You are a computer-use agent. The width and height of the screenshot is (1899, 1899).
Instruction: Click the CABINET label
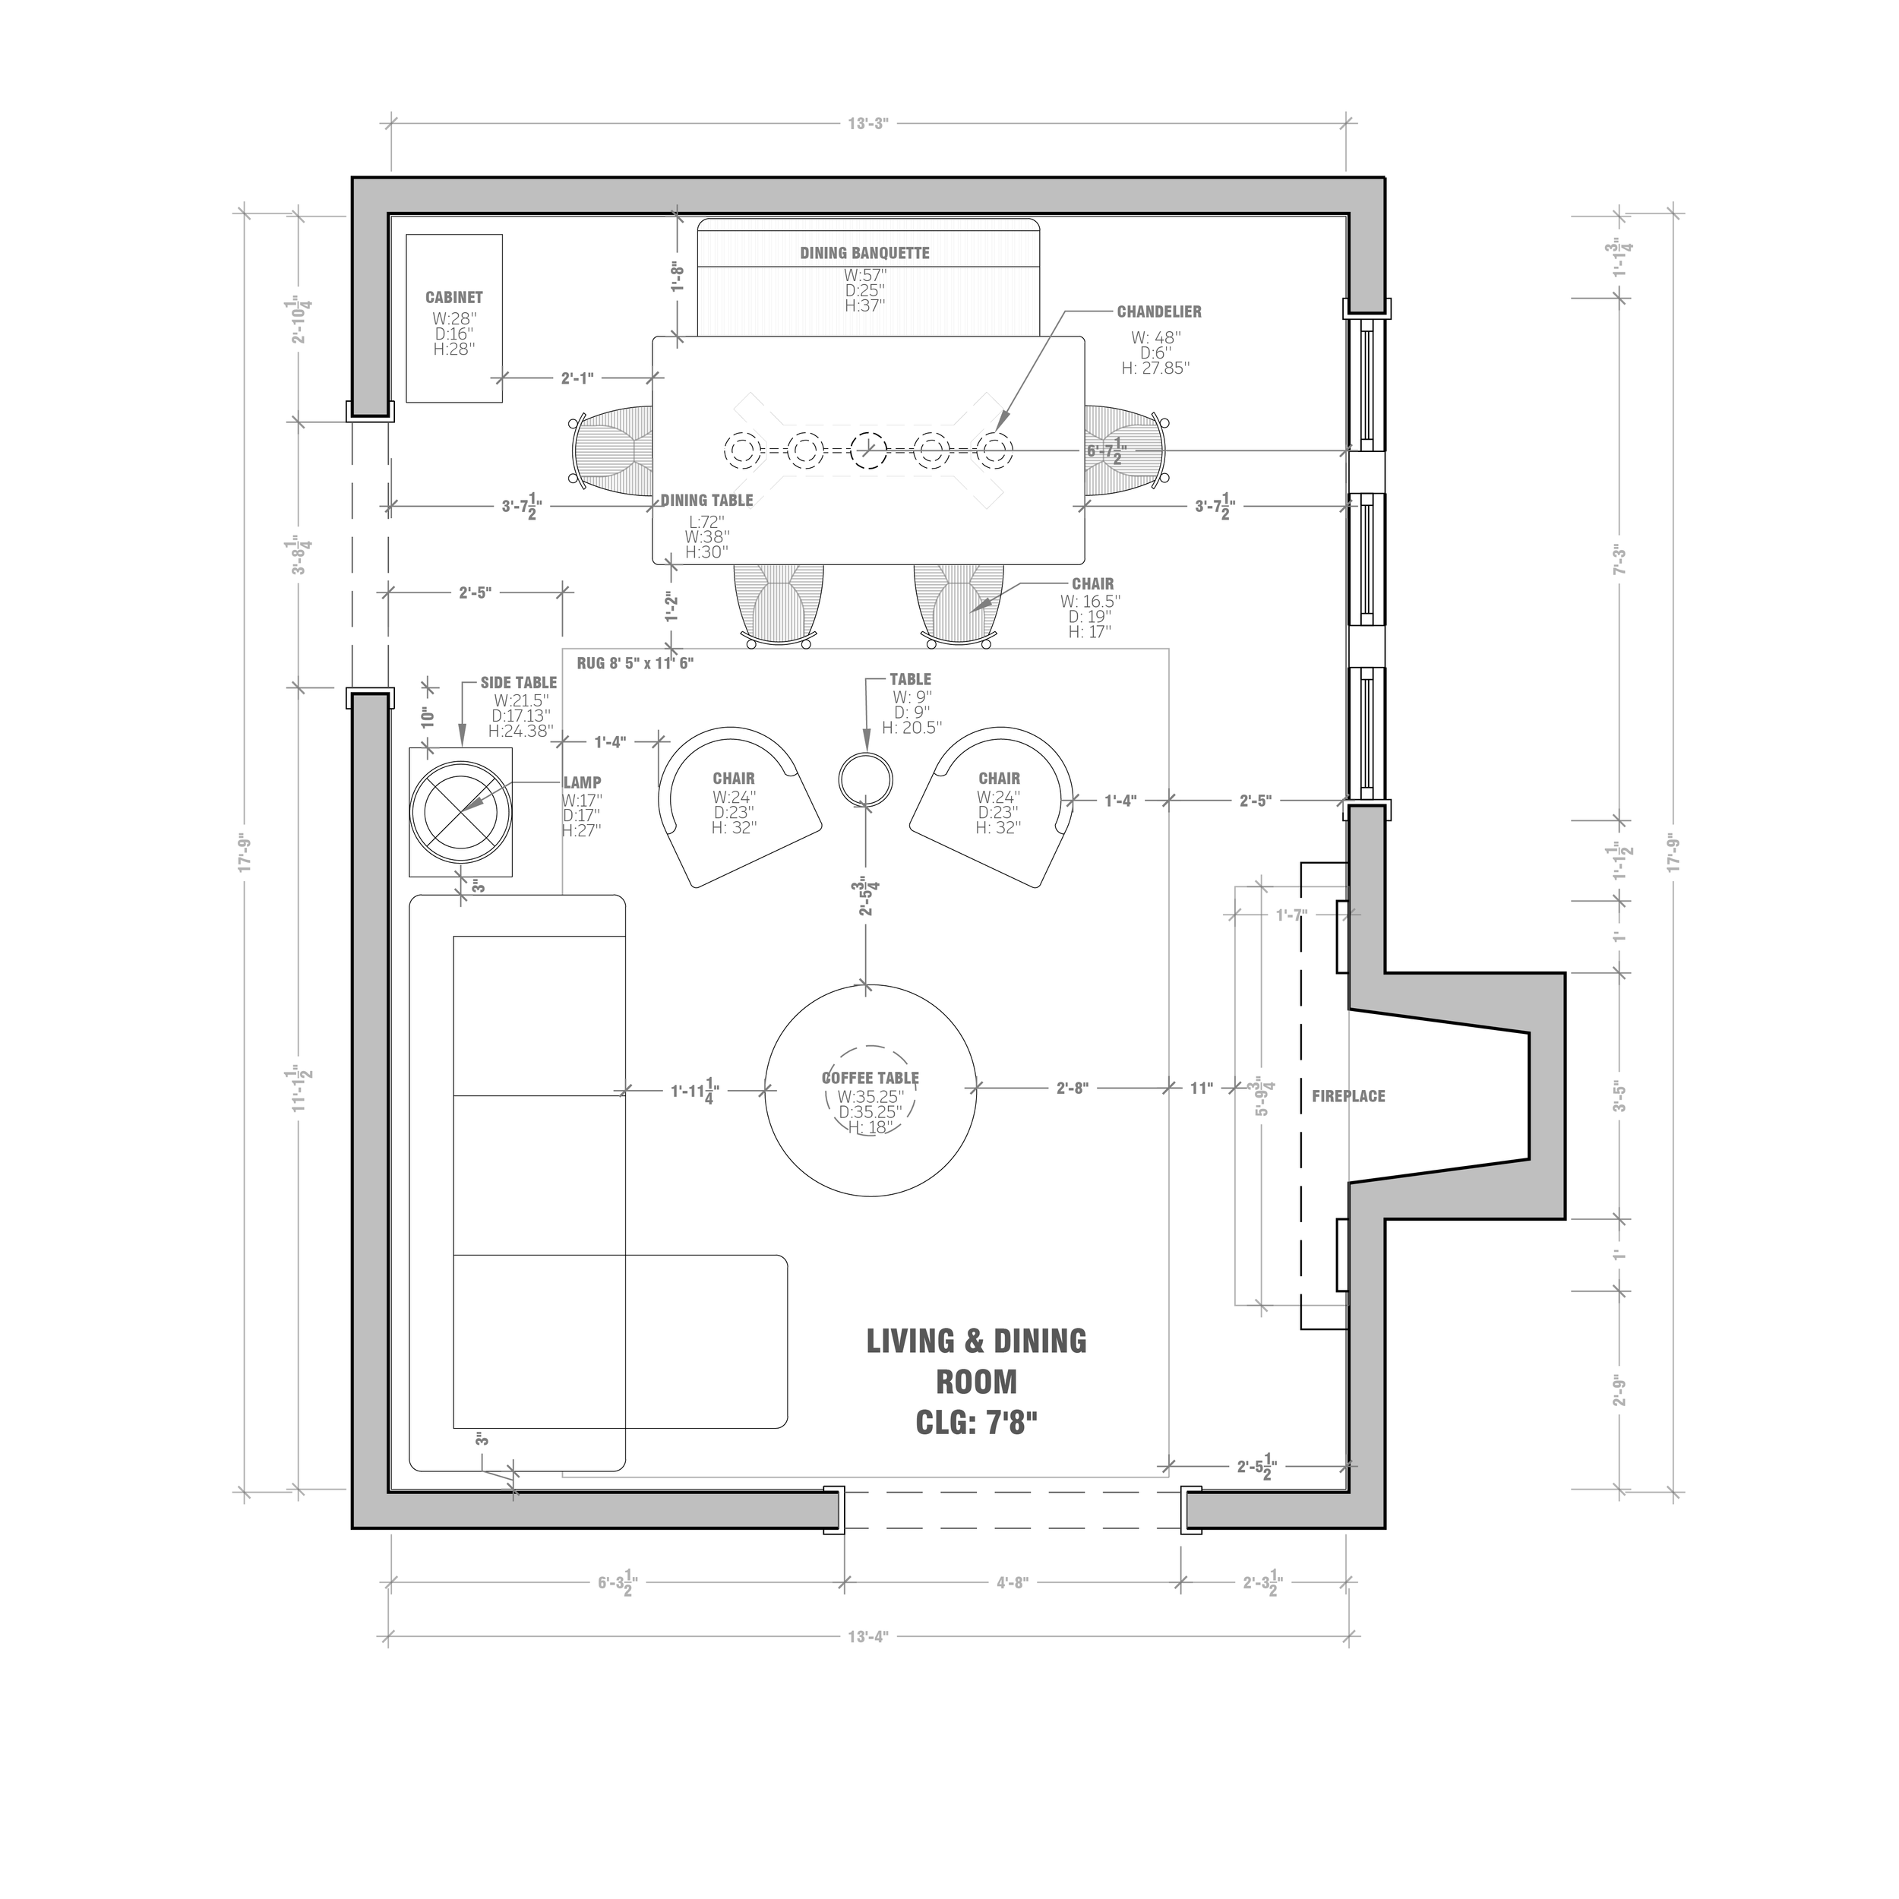click(454, 297)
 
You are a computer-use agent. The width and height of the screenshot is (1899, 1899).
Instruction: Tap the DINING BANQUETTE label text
click(865, 253)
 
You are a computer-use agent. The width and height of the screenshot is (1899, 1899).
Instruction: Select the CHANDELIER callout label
click(1159, 311)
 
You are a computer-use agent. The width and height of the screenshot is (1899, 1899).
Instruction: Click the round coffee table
click(871, 1089)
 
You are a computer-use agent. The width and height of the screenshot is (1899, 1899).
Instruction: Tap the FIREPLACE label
click(1348, 1096)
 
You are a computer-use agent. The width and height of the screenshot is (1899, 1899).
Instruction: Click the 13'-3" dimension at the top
click(868, 123)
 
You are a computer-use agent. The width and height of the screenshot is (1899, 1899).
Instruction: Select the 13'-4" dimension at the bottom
click(868, 1637)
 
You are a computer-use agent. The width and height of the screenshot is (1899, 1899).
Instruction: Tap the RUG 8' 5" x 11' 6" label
click(635, 663)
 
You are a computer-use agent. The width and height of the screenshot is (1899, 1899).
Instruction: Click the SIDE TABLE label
click(518, 682)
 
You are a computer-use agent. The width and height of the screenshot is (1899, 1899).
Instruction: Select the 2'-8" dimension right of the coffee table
click(1073, 1088)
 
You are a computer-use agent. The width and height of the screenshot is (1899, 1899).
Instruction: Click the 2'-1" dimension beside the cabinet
click(577, 378)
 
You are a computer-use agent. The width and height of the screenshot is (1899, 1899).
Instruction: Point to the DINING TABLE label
click(706, 501)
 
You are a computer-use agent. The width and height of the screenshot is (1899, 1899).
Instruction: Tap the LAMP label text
click(582, 782)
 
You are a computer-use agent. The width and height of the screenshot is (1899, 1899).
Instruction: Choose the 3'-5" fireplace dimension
click(1619, 1096)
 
